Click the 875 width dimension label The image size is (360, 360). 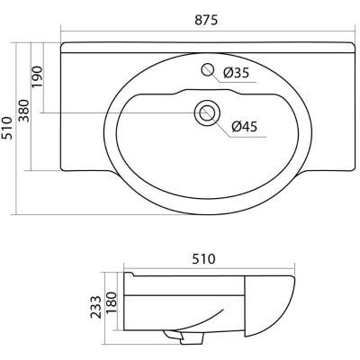point(206,20)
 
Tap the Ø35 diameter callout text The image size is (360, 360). point(237,72)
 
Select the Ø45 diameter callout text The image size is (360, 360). point(245,127)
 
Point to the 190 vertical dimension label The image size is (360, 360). point(38,76)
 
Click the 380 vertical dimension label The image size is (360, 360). point(24,111)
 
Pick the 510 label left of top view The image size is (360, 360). point(6,128)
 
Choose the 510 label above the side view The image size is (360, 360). point(204,259)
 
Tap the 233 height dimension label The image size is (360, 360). point(96,307)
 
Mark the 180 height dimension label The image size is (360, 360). point(112,302)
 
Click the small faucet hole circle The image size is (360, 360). point(207,69)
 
